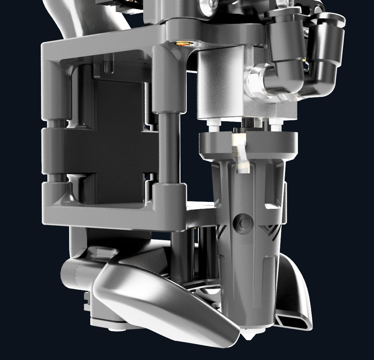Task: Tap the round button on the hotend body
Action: click(245, 223)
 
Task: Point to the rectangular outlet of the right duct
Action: click(293, 321)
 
